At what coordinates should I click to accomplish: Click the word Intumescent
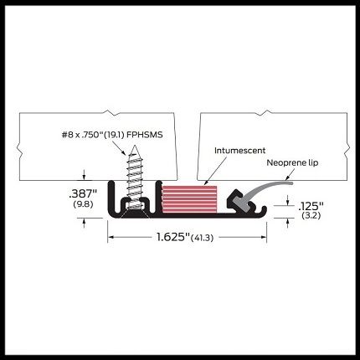[x=239, y=151]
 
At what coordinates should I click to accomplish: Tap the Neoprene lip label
[x=292, y=163]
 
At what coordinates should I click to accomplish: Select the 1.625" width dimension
[x=171, y=237]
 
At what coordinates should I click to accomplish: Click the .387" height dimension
[x=83, y=193]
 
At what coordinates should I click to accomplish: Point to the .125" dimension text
[x=311, y=207]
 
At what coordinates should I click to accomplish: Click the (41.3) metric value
[x=202, y=238]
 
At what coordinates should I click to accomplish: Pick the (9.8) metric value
[x=83, y=204]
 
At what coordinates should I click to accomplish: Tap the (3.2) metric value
[x=311, y=216]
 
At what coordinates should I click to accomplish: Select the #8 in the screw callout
[x=67, y=135]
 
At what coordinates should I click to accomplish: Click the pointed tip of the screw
[x=135, y=146]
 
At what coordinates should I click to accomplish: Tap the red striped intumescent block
[x=189, y=200]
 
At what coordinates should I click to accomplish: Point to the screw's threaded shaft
[x=135, y=177]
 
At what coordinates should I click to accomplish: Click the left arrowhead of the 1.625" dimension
[x=111, y=237]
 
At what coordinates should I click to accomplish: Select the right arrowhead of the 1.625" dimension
[x=263, y=237]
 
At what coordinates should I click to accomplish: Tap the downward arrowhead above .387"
[x=84, y=177]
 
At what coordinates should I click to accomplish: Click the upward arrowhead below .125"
[x=288, y=222]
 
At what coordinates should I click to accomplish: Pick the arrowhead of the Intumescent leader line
[x=206, y=182]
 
